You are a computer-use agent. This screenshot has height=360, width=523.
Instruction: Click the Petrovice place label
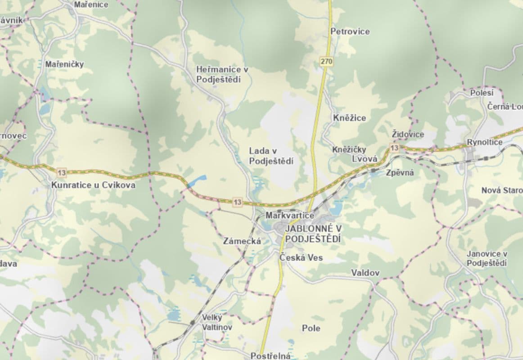click(x=350, y=31)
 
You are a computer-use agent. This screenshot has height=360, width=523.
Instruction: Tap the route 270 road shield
click(x=326, y=61)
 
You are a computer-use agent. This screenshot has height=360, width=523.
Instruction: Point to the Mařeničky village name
click(x=64, y=64)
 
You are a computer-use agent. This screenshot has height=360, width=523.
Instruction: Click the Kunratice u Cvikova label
click(x=93, y=185)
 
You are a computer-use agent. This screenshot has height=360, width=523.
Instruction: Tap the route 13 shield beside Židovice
click(x=394, y=148)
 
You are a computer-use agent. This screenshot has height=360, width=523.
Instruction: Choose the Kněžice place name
click(x=350, y=118)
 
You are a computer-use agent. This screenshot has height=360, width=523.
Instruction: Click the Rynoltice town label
click(x=484, y=142)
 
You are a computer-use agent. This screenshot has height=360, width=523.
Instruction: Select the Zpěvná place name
click(x=400, y=172)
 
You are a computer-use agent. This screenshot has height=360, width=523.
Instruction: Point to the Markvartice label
click(x=290, y=216)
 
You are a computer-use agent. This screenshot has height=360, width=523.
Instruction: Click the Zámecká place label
click(x=242, y=241)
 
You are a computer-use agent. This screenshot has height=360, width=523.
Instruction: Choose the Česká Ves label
click(x=301, y=258)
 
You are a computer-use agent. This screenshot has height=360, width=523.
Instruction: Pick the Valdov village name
click(x=365, y=273)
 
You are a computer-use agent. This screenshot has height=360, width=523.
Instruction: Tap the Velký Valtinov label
click(x=216, y=322)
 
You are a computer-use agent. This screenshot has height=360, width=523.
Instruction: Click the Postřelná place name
click(x=271, y=356)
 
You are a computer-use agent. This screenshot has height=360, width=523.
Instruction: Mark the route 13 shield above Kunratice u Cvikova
click(x=62, y=172)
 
